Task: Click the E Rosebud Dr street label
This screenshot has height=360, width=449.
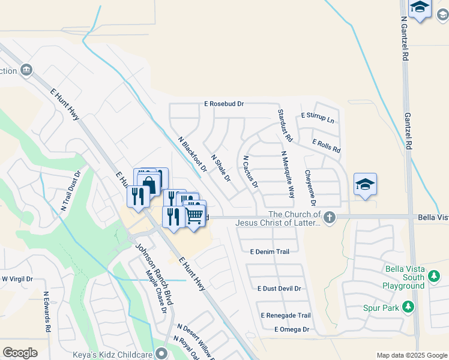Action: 224,104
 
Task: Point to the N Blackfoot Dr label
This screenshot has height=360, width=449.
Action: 193,154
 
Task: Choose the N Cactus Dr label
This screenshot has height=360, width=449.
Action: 250,172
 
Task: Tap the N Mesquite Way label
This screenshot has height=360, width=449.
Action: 288,175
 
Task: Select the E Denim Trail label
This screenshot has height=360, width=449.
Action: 270,252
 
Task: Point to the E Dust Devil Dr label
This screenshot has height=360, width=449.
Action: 279,289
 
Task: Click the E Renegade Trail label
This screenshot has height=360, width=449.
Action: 285,316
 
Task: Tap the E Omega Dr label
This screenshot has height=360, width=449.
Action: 291,329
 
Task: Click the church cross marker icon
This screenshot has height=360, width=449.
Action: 330,218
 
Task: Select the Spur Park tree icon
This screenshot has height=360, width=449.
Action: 408,307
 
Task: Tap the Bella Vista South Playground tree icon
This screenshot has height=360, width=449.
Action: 435,277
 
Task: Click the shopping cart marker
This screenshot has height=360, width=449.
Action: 194,214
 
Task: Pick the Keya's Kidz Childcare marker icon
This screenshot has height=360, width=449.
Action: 160,353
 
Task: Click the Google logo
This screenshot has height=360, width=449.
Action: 20,353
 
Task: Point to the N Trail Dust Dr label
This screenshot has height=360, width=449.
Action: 70,191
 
